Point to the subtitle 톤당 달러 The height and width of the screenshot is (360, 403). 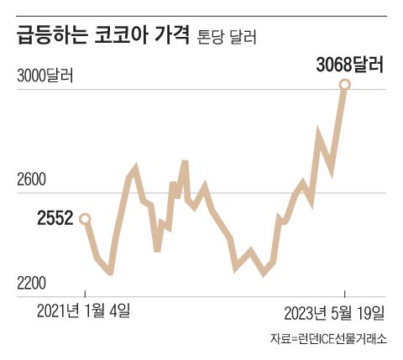227,39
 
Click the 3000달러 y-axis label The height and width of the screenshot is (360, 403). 45,76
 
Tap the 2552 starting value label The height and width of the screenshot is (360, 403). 55,219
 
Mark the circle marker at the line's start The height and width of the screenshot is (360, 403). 84,219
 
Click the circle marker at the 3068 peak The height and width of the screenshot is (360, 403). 344,85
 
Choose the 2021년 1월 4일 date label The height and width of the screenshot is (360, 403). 84,312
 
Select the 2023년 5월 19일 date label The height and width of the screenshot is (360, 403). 334,313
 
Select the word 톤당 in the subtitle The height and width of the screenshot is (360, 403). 211,39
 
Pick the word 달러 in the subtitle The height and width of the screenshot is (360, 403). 242,39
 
